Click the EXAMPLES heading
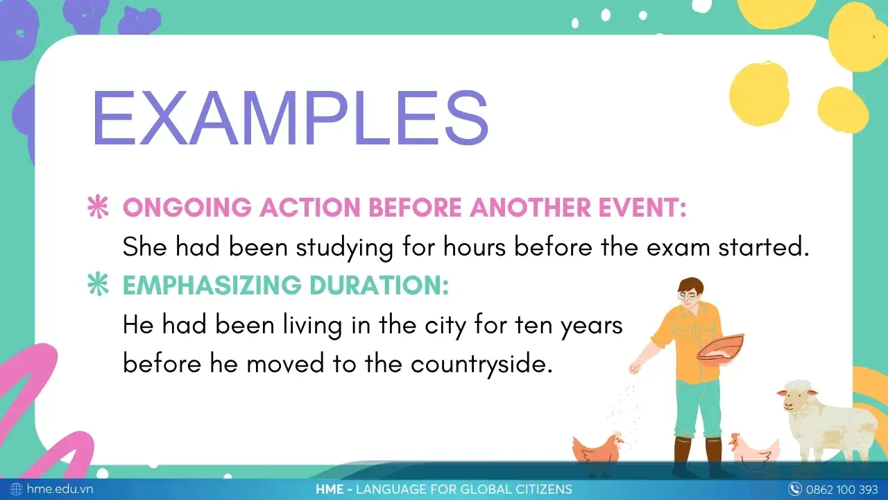[x=290, y=118]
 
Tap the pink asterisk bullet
[x=98, y=207]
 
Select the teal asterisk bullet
[x=98, y=284]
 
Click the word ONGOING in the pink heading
[x=187, y=207]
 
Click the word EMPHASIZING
[x=212, y=285]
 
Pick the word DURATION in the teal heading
[x=379, y=285]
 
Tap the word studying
[x=345, y=248]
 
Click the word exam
[x=678, y=248]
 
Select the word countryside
[x=481, y=364]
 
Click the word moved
[x=285, y=363]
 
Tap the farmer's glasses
[x=687, y=296]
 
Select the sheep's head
[x=796, y=397]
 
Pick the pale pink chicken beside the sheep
[x=754, y=451]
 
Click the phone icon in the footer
[x=794, y=489]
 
